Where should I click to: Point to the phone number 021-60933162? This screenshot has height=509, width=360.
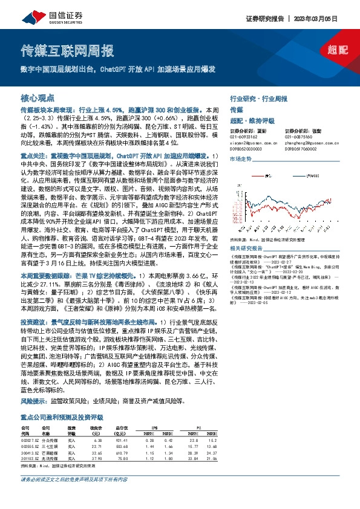tap(243, 137)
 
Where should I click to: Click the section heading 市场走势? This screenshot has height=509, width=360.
tap(241, 158)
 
